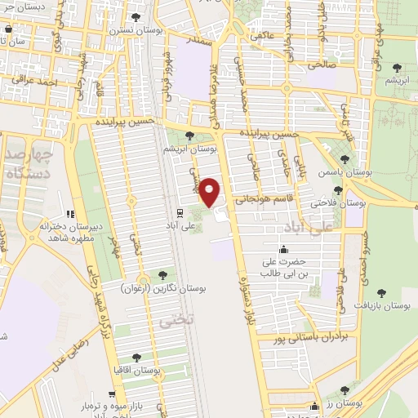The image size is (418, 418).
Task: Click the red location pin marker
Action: click(x=211, y=192)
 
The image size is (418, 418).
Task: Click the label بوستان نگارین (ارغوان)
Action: click(x=164, y=288)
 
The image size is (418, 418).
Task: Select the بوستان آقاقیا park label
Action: click(x=136, y=369)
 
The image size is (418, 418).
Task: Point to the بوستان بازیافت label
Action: click(x=385, y=305)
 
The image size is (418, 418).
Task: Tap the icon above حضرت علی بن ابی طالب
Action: click(x=283, y=249)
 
